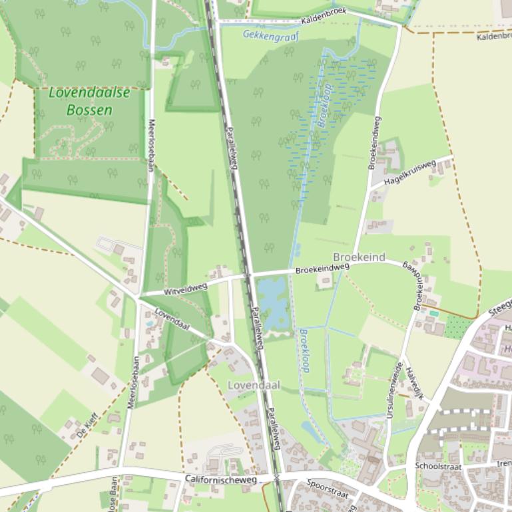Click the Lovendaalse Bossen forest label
pos(89,101)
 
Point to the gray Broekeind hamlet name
pos(359,257)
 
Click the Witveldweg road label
pos(186,289)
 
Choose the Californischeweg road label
pos(220,479)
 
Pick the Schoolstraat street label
pos(438,466)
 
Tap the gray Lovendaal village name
pos(254,385)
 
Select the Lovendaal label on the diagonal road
pos(172,319)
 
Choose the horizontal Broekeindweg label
pos(322,268)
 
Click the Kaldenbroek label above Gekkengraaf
pos(324,20)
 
